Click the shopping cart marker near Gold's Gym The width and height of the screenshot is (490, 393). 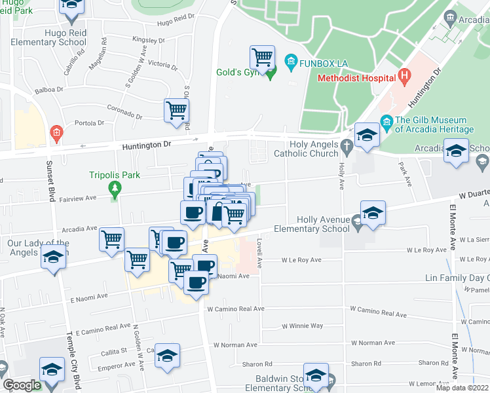[x=262, y=57]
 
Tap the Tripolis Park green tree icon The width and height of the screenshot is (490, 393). [x=116, y=191]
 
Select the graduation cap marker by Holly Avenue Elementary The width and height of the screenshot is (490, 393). [x=373, y=214]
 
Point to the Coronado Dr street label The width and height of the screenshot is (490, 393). [x=121, y=113]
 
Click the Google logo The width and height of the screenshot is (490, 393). [x=22, y=385]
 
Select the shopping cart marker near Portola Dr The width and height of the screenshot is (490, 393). [x=176, y=111]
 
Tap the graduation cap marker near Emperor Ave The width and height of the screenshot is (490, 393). [x=168, y=356]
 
